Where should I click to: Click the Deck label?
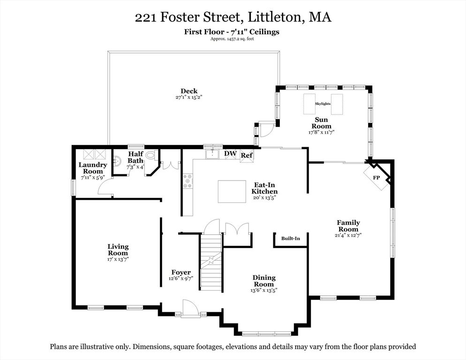189,91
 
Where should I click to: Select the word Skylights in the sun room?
323,104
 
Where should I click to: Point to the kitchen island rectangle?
232,191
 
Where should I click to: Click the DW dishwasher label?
230,154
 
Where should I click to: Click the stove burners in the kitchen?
188,181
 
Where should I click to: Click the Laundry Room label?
93,168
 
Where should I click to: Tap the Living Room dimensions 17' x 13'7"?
118,259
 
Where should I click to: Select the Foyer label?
181,272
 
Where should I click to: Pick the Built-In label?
291,239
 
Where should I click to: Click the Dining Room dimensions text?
264,290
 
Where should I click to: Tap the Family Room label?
348,226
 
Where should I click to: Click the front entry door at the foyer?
190,309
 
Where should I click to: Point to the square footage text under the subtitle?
233,39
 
